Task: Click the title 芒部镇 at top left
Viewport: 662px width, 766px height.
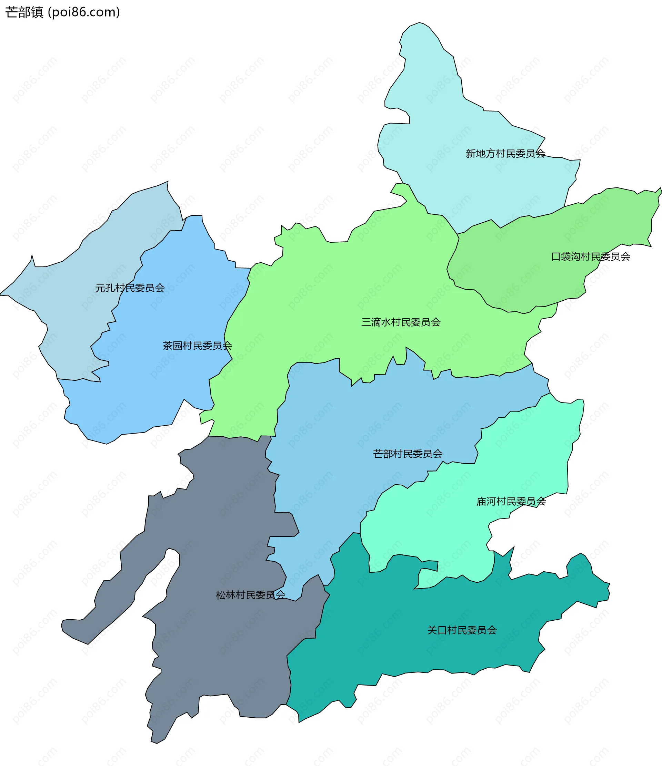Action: pos(24,12)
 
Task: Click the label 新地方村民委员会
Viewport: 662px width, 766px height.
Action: pos(505,154)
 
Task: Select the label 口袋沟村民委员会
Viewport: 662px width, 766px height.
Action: pos(590,257)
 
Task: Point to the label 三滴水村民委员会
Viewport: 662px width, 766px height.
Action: pos(401,322)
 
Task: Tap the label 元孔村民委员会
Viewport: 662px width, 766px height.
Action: pos(130,288)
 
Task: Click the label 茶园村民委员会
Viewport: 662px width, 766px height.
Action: pos(197,346)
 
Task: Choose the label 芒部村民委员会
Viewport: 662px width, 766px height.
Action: pos(408,454)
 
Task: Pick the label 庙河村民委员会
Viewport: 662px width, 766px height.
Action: pos(511,502)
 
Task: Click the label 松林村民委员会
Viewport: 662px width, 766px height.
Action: pos(250,595)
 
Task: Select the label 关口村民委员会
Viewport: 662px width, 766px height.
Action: pos(462,630)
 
